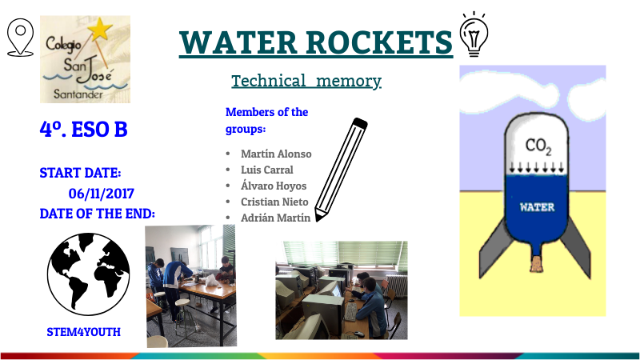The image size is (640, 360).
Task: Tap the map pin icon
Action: [19, 37]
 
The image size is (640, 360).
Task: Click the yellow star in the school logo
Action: [100, 30]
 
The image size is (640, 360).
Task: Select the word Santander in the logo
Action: [82, 94]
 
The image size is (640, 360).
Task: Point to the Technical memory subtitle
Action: [306, 81]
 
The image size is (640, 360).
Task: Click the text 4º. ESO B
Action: [83, 129]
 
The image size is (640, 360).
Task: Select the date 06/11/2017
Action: [101, 193]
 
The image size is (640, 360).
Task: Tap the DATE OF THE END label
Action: [97, 214]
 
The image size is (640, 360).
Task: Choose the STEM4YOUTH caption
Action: [83, 330]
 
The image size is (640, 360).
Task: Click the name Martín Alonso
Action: [276, 154]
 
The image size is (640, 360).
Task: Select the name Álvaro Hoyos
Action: [274, 186]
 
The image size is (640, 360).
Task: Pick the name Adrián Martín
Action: [276, 217]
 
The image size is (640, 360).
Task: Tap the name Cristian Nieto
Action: [274, 202]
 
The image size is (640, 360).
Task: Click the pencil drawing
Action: [341, 169]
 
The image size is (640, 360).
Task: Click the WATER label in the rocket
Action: [537, 206]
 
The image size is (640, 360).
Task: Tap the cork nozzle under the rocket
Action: [538, 261]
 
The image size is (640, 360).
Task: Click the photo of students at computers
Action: [341, 290]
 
